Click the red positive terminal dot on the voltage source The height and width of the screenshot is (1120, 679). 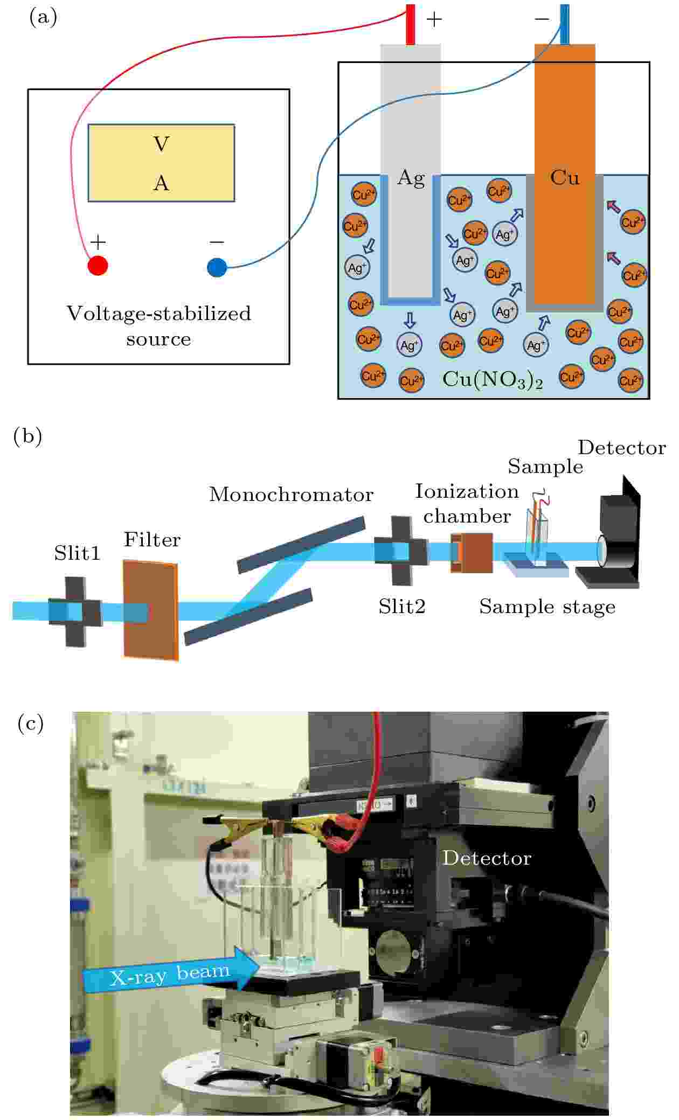click(98, 266)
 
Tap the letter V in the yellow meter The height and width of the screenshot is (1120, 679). click(161, 144)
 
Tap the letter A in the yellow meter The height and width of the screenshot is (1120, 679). click(161, 184)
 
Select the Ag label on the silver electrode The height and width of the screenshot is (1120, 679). click(411, 178)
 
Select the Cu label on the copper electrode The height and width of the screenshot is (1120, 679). click(565, 177)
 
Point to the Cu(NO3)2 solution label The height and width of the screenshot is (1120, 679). click(492, 380)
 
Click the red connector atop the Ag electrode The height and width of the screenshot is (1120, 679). click(411, 24)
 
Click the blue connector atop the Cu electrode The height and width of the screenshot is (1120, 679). click(564, 24)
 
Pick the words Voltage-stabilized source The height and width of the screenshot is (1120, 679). click(159, 326)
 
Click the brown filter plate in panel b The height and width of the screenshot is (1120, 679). click(150, 609)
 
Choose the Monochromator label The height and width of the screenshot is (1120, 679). click(291, 495)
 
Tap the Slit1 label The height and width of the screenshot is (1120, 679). click(77, 553)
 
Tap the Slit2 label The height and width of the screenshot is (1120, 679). click(401, 607)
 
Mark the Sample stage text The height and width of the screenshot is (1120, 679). click(547, 607)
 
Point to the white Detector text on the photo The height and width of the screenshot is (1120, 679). click(487, 858)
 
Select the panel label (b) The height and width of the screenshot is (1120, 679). click(27, 436)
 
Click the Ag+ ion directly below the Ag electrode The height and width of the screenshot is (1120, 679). click(410, 345)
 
